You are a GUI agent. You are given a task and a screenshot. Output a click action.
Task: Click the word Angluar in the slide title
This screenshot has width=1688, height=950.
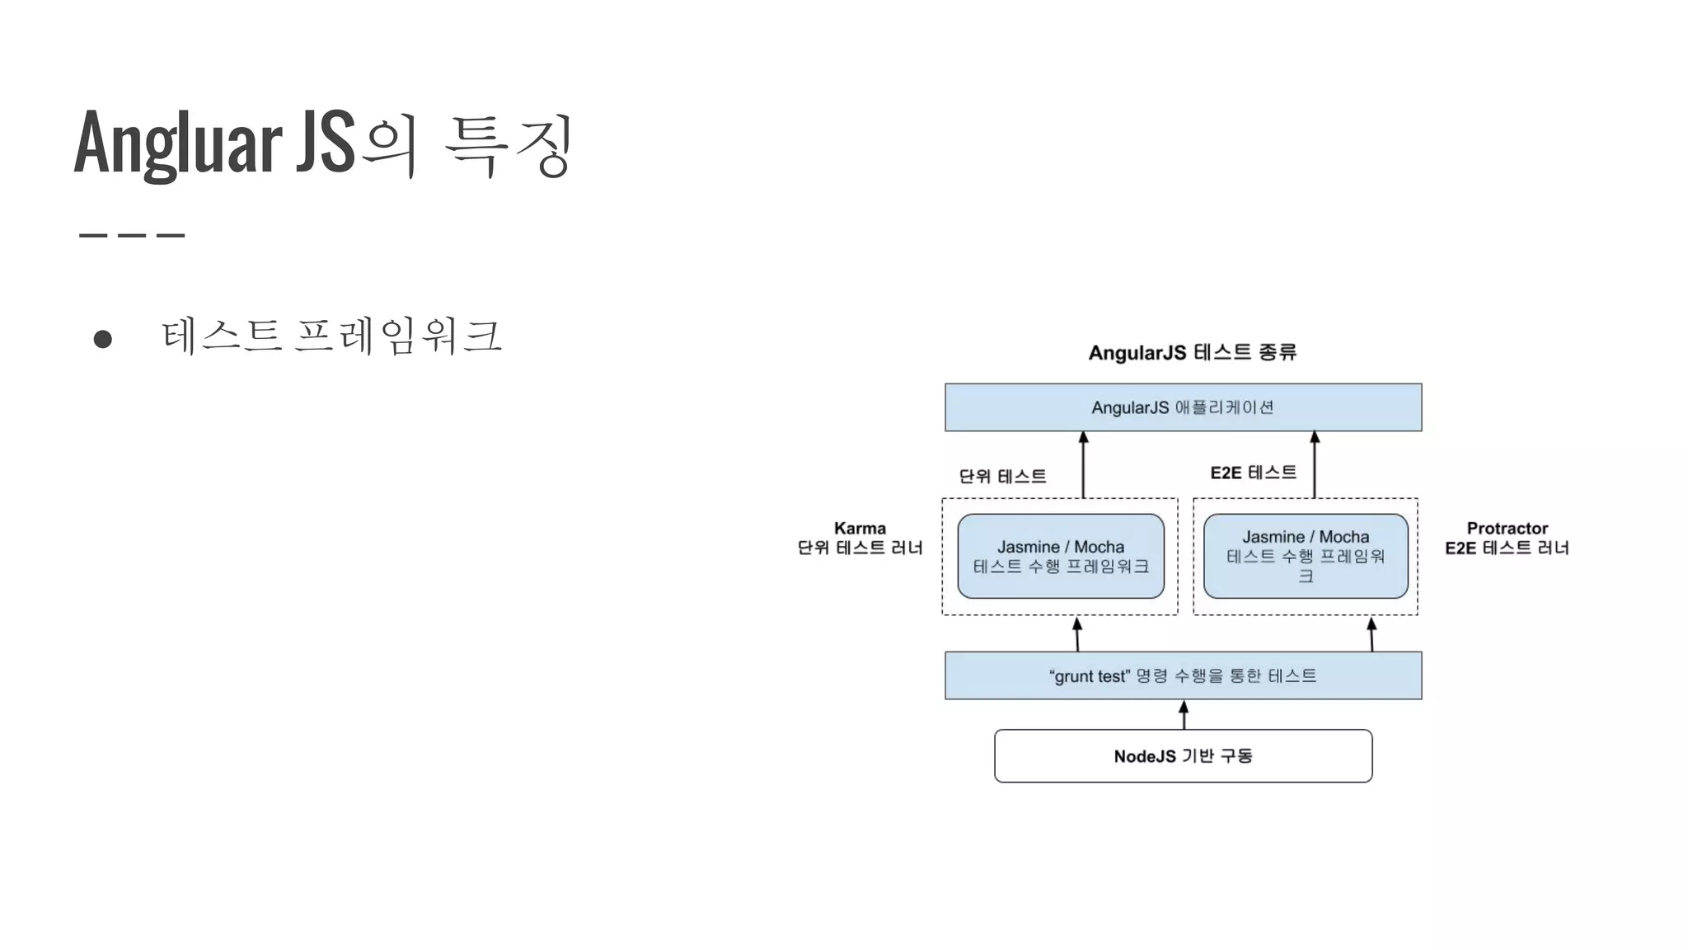click(x=177, y=143)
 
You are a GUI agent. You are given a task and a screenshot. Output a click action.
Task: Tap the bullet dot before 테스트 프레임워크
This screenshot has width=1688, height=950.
click(x=103, y=339)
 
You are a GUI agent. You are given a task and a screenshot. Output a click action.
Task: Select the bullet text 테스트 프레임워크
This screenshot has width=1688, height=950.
click(x=331, y=336)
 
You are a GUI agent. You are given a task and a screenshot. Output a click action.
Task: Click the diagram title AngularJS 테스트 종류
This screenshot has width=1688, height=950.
click(x=1192, y=353)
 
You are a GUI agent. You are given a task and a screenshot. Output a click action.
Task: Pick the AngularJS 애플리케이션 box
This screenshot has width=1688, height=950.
click(x=1183, y=407)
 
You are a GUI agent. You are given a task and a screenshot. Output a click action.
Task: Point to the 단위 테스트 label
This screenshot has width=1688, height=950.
click(x=1002, y=477)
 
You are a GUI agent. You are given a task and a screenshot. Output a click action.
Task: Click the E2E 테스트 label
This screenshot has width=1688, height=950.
click(x=1253, y=473)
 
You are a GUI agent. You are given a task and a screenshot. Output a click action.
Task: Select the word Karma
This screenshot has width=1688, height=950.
click(x=860, y=529)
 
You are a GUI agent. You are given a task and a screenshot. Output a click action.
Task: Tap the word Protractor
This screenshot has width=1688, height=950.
click(x=1507, y=529)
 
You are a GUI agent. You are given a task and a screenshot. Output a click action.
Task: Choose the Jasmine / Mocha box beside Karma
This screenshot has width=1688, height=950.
click(x=1060, y=557)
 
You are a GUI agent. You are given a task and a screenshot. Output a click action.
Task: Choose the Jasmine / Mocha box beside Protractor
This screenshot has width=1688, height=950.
click(x=1306, y=557)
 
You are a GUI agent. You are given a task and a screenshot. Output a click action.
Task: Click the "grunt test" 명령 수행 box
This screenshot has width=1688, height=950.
click(x=1183, y=676)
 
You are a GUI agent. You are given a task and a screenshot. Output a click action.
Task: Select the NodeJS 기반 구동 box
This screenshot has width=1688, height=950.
click(x=1183, y=756)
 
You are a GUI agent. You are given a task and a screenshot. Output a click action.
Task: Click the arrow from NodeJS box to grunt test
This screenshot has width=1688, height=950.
click(x=1184, y=715)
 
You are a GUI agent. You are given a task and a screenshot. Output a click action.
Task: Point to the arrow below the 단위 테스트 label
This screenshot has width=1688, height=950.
click(x=1083, y=465)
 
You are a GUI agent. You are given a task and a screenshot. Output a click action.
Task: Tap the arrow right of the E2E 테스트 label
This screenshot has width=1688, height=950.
click(x=1315, y=465)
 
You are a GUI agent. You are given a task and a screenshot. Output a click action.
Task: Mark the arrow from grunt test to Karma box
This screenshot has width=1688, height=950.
click(x=1077, y=634)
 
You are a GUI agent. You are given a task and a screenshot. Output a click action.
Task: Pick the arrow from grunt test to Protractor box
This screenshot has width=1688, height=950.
click(x=1371, y=634)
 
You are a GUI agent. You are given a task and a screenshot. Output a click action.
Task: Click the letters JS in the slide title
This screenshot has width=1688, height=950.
click(x=326, y=143)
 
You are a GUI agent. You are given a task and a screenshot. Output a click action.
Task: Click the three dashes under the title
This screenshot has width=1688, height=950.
click(x=132, y=236)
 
